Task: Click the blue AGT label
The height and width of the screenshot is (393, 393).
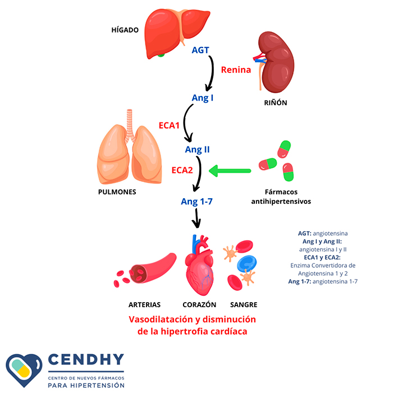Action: pyautogui.click(x=200, y=50)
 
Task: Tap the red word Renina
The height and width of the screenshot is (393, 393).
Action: pyautogui.click(x=236, y=70)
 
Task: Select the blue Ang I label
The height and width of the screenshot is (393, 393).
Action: pyautogui.click(x=203, y=98)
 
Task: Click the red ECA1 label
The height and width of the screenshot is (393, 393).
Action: pyautogui.click(x=169, y=126)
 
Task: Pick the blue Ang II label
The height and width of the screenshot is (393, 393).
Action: pyautogui.click(x=197, y=149)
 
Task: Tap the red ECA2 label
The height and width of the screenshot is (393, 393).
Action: pyautogui.click(x=182, y=170)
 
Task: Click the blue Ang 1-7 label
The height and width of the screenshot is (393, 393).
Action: pyautogui.click(x=196, y=201)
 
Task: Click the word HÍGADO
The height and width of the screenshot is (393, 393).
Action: pyautogui.click(x=125, y=30)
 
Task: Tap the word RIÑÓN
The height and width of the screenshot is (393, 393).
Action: pyautogui.click(x=275, y=103)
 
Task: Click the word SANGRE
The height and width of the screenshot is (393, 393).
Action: pyautogui.click(x=244, y=305)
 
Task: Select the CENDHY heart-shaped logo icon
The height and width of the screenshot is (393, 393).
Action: pyautogui.click(x=24, y=370)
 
